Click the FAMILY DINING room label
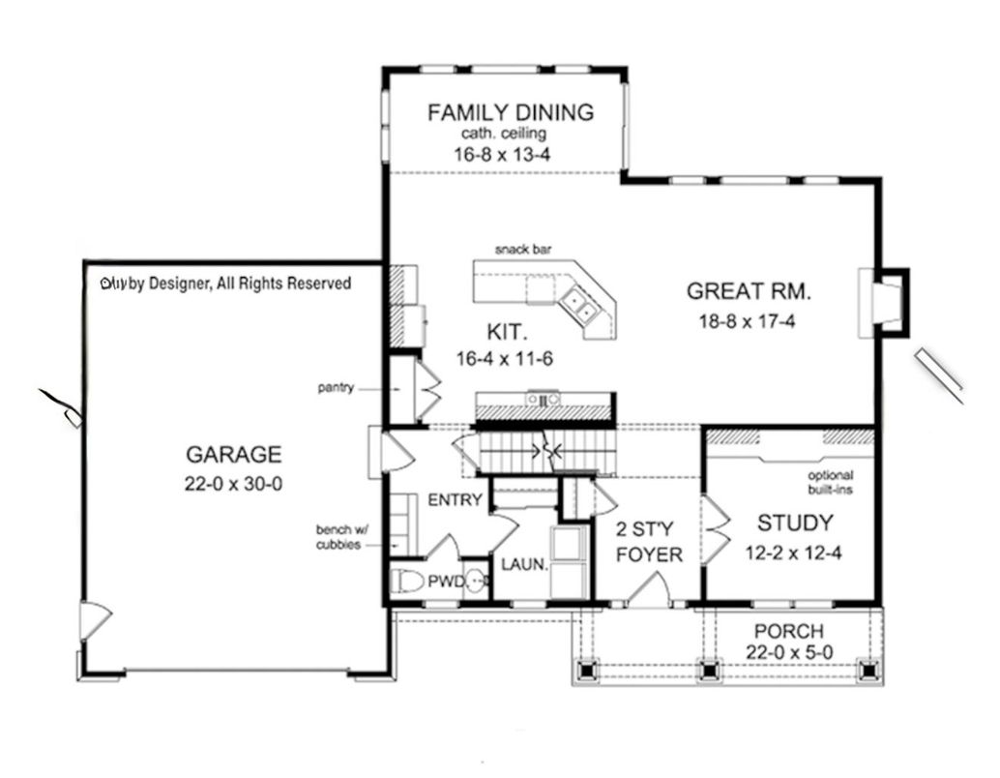pos(511,112)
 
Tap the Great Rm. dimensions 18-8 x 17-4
pos(749,322)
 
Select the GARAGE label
pos(233,454)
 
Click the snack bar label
pos(523,250)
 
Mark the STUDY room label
pos(795,524)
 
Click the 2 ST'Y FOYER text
pos(649,542)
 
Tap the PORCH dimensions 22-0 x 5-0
pos(789,653)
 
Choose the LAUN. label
pos(524,563)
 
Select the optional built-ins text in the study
pos(831,483)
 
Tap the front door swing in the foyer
pos(650,590)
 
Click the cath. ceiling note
pos(510,134)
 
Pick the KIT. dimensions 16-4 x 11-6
pos(504,358)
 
